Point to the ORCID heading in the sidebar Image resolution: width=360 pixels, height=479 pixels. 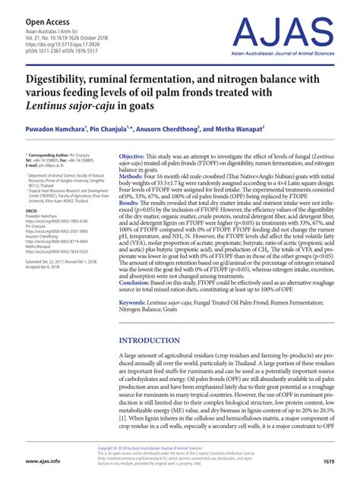point(35,210)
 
